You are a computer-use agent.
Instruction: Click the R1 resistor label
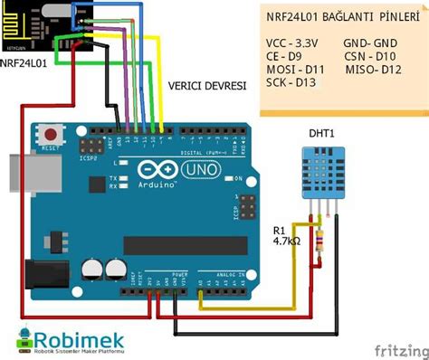click(x=281, y=231)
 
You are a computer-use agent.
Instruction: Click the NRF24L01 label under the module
click(x=26, y=63)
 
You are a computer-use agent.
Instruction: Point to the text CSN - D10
click(x=369, y=56)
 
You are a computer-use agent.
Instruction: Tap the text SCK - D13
click(x=291, y=83)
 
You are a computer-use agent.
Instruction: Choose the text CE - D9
click(x=286, y=56)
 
